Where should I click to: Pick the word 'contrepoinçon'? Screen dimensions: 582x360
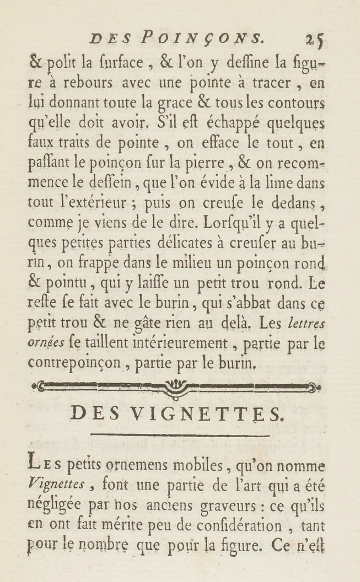[75, 363]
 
